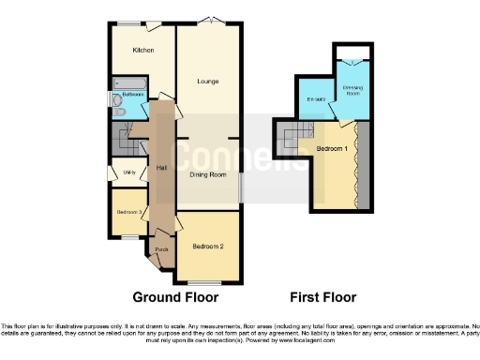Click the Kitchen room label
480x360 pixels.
point(142,50)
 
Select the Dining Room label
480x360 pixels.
point(210,174)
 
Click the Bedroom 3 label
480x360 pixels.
point(129,213)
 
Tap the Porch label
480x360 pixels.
point(148,249)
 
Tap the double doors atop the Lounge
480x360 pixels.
point(216,21)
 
